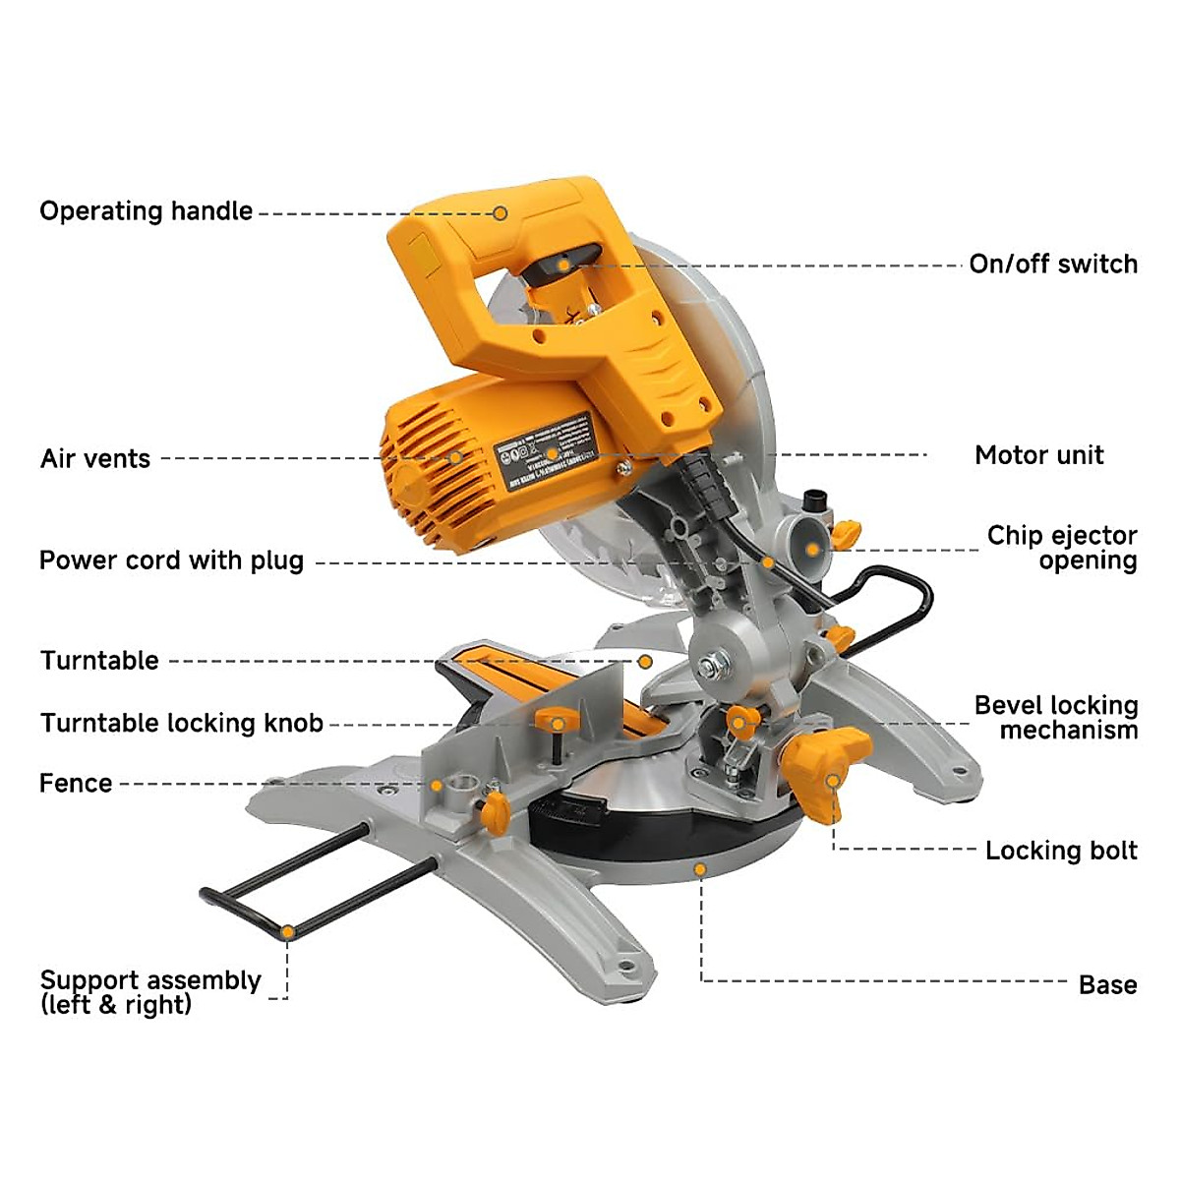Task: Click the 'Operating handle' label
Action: point(146,211)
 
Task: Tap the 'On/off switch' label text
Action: point(1053,265)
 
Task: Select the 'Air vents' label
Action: point(95,459)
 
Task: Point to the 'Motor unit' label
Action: point(1038,455)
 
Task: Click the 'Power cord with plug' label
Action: point(171,561)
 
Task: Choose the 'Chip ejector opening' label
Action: point(1062,548)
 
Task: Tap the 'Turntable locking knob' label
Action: point(182,724)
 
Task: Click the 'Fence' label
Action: point(76,784)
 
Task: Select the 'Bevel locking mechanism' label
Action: point(1056,718)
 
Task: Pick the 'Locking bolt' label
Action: point(1061,851)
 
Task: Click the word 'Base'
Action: point(1107,985)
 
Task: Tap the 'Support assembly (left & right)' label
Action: point(149,992)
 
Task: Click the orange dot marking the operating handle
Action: point(501,212)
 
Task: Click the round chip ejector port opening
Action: point(811,547)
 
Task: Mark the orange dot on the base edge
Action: point(700,869)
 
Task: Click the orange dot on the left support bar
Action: point(286,931)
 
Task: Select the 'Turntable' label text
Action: point(99,661)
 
